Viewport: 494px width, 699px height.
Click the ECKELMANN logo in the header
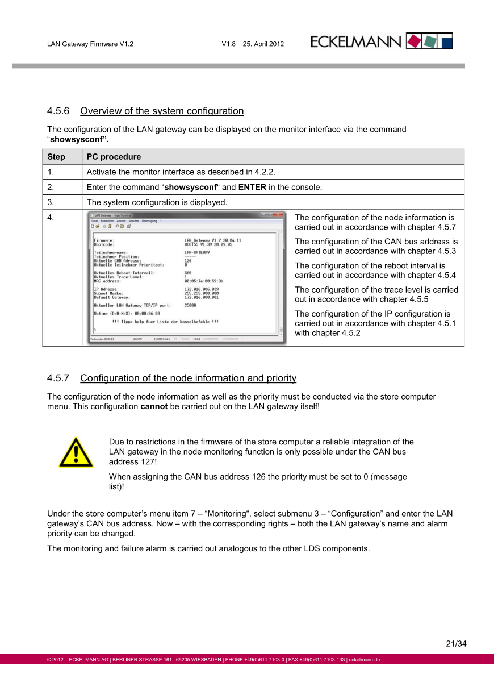click(382, 41)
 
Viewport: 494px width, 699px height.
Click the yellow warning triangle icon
click(76, 452)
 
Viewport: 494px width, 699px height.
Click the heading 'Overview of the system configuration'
click(162, 111)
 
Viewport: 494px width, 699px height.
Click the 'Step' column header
click(56, 157)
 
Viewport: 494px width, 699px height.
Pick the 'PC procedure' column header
click(114, 157)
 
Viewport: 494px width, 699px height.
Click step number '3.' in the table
click(51, 202)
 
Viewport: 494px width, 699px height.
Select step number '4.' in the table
click(51, 218)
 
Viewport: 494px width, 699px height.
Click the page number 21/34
click(456, 644)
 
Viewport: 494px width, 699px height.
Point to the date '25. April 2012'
click(263, 44)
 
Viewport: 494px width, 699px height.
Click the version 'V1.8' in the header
click(229, 44)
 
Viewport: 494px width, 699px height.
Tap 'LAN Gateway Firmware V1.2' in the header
click(90, 44)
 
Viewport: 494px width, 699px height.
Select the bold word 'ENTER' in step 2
click(252, 187)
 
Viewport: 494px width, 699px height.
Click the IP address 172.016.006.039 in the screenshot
click(202, 289)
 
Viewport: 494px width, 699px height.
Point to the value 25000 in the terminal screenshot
click(191, 305)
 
